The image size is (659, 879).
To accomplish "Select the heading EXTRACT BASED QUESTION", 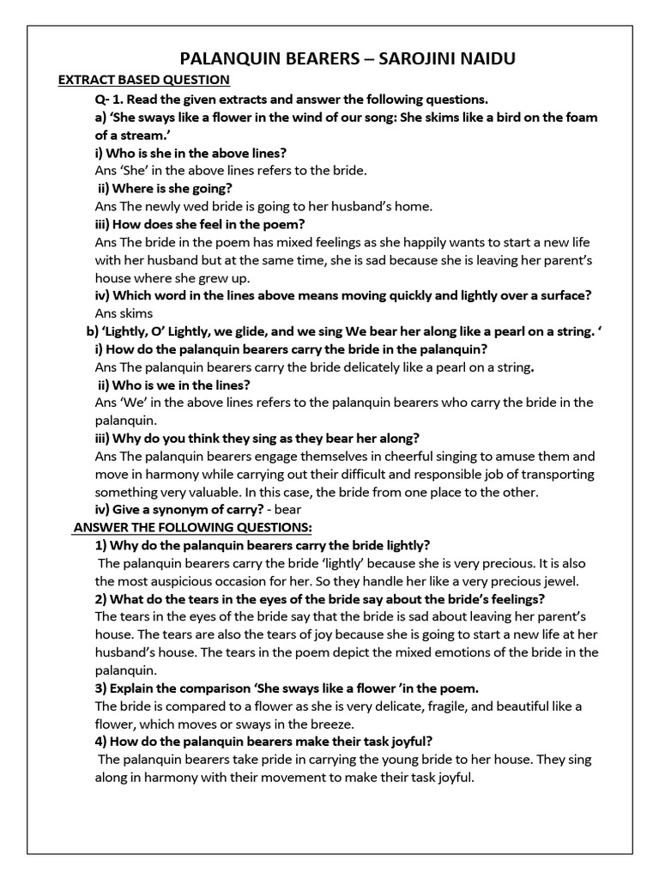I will [143, 81].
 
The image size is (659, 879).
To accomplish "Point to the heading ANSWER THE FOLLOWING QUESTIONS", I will [193, 526].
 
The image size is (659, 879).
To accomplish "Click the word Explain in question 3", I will [134, 688].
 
